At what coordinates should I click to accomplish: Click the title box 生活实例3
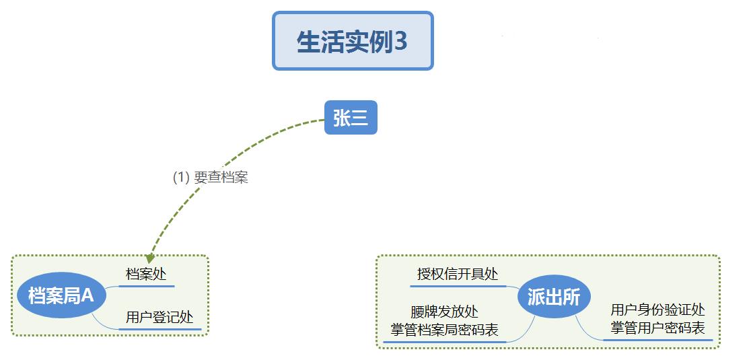click(x=353, y=41)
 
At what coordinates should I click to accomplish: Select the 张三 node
click(x=351, y=117)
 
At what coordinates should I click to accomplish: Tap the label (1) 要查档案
click(x=210, y=178)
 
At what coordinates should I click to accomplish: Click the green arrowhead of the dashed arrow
click(x=150, y=258)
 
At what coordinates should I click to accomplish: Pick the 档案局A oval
click(x=61, y=295)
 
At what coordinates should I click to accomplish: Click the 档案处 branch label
click(x=146, y=275)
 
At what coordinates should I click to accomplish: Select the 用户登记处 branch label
click(x=159, y=317)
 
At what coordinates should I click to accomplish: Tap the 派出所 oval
click(x=553, y=297)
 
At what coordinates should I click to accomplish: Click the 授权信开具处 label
click(x=458, y=275)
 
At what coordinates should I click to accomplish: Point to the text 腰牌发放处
click(x=444, y=312)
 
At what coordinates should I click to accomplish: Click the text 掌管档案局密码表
click(x=444, y=330)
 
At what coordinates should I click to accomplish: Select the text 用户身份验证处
click(x=657, y=310)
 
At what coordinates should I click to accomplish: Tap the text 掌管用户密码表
click(x=657, y=328)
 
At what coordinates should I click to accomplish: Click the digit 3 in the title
click(x=400, y=42)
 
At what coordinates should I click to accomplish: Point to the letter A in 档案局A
click(x=87, y=295)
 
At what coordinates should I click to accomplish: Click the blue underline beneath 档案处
click(x=146, y=286)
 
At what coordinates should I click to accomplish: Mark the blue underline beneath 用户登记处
click(x=160, y=329)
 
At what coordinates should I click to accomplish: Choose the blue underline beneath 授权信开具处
click(x=458, y=286)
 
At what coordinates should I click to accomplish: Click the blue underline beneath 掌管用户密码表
click(x=657, y=340)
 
